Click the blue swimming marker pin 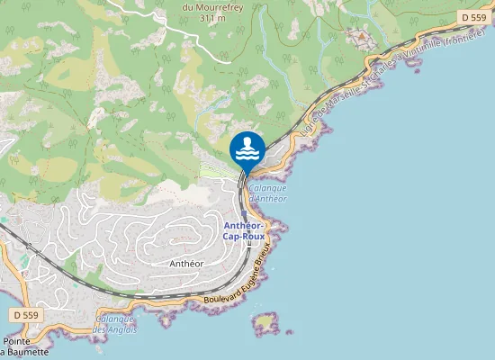[x=247, y=149]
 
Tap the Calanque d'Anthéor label [x=267, y=193]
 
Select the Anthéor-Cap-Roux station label [x=243, y=230]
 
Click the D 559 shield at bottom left [x=26, y=315]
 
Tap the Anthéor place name [x=187, y=264]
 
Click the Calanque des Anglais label [x=116, y=323]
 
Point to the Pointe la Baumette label [x=24, y=346]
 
